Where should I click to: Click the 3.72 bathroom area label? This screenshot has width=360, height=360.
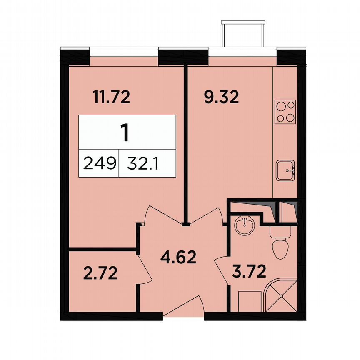click(x=249, y=273)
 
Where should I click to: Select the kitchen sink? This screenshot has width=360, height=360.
click(x=285, y=169)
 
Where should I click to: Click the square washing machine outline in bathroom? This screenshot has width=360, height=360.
click(x=249, y=301)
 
